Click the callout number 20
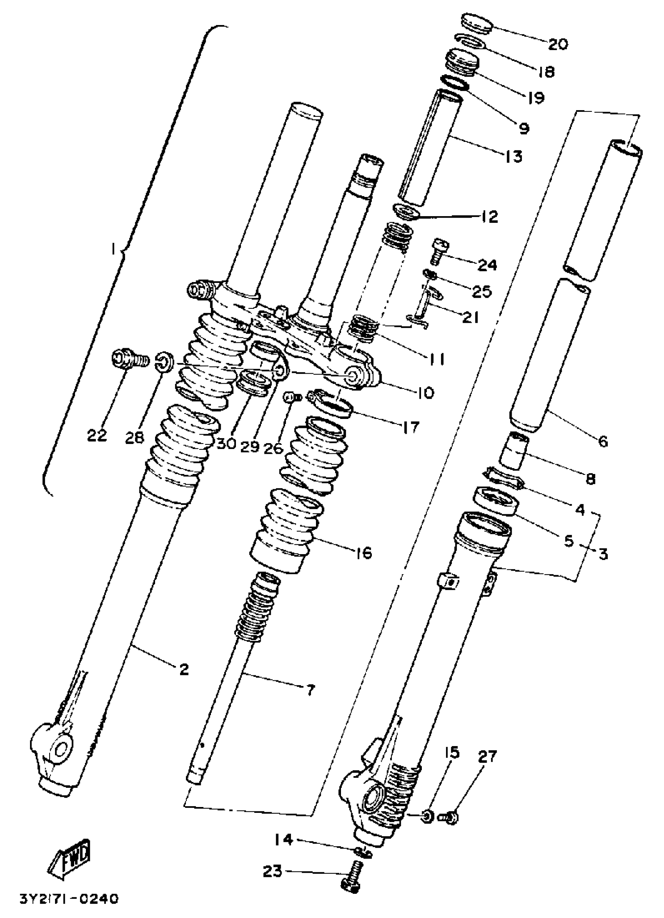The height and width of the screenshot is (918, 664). (x=558, y=44)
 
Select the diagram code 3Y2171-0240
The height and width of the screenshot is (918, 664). (x=69, y=899)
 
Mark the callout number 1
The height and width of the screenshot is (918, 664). (x=114, y=251)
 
